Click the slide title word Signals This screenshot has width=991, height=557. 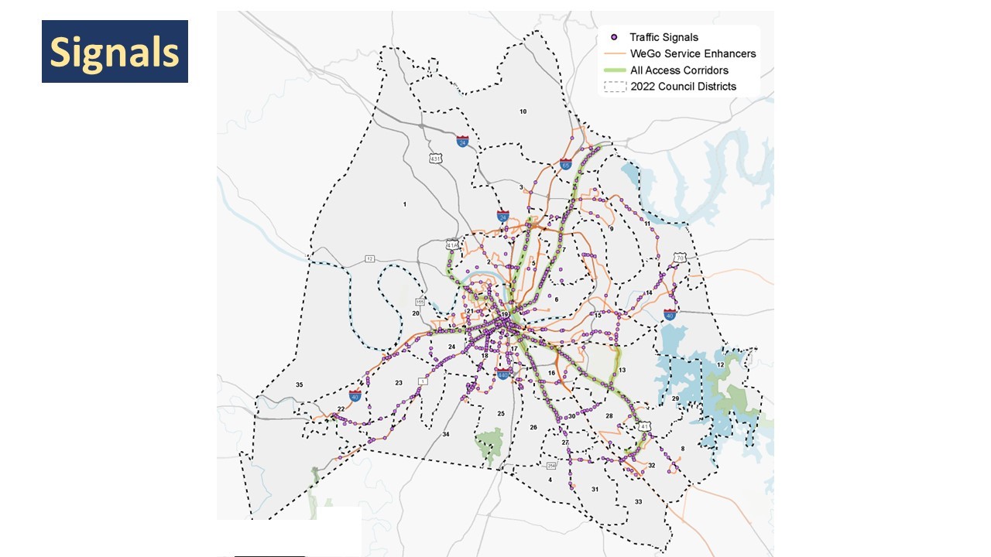(x=115, y=52)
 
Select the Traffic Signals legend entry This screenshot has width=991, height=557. (x=664, y=37)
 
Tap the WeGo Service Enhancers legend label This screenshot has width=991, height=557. (x=693, y=53)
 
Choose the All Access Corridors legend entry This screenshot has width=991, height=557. (x=679, y=70)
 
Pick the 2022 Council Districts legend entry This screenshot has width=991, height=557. (x=683, y=86)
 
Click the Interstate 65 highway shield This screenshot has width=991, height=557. (x=566, y=165)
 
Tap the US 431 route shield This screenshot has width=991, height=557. (x=436, y=159)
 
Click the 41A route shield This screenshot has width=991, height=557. (x=453, y=244)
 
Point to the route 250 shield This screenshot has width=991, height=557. (x=551, y=466)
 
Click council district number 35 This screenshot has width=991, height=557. (x=300, y=384)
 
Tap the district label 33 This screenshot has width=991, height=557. (x=639, y=502)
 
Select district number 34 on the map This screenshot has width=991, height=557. (x=445, y=435)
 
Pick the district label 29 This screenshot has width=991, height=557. (x=675, y=398)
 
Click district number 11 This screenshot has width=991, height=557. (x=647, y=224)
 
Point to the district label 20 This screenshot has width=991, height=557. (x=416, y=313)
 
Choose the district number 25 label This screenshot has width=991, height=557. (x=501, y=414)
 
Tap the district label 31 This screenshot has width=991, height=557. (x=595, y=489)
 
